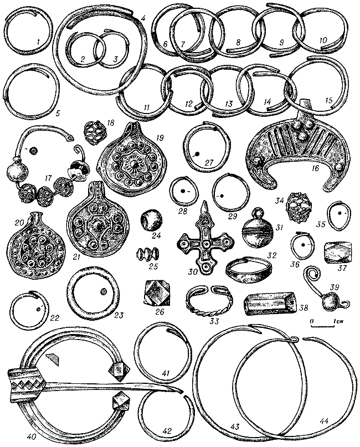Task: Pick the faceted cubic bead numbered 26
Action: (x=156, y=292)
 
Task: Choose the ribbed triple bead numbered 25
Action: (x=148, y=254)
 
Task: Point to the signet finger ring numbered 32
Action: (x=249, y=270)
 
